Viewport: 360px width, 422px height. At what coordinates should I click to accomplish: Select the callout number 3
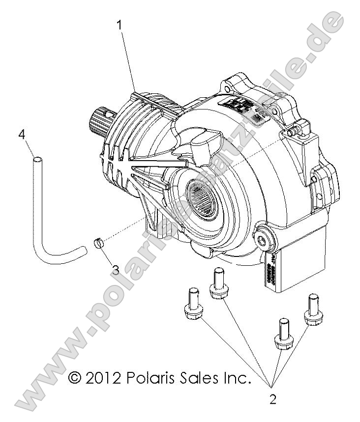point(116,269)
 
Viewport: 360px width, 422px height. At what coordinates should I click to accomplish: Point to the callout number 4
point(21,134)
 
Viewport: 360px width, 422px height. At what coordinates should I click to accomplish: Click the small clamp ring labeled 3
point(99,243)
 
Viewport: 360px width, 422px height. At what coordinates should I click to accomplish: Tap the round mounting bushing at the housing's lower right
point(265,238)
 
